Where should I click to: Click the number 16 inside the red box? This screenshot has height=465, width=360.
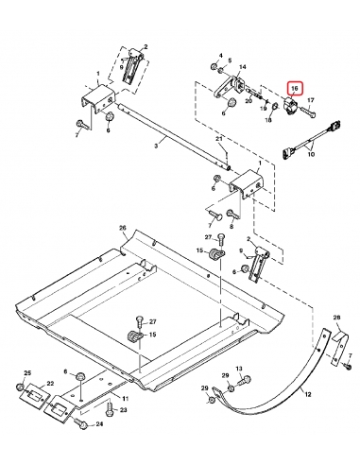[294, 88]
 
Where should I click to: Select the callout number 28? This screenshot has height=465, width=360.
[336, 318]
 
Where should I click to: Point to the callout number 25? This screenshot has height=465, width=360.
[27, 375]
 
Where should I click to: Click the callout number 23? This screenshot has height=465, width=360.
[123, 412]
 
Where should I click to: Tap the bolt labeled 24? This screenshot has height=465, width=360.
[83, 425]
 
